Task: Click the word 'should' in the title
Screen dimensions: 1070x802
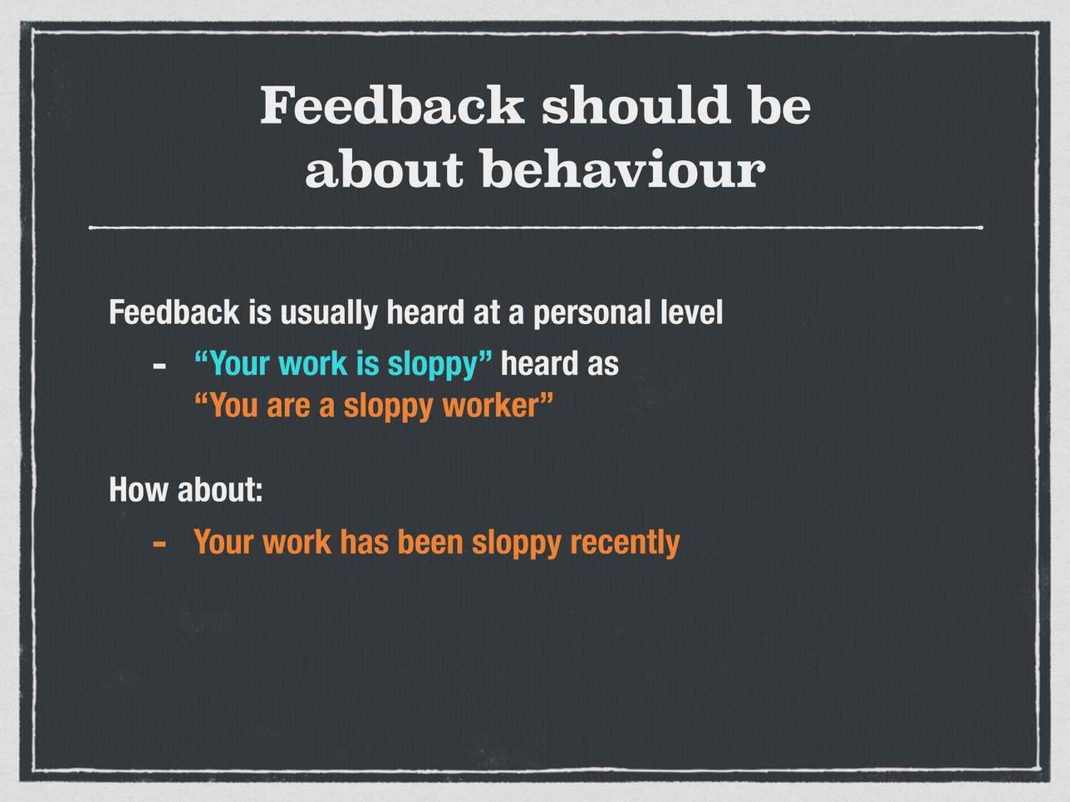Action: coord(636,105)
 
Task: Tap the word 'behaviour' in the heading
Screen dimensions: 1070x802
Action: coord(623,168)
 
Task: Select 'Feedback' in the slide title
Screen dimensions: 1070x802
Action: coord(392,105)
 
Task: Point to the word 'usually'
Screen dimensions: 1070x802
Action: coord(328,313)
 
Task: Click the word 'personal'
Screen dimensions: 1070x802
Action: coord(592,313)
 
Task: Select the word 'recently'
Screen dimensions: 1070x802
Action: coord(625,542)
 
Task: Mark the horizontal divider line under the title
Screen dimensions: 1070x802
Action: coord(536,227)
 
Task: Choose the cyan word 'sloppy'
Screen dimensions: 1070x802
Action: coord(432,365)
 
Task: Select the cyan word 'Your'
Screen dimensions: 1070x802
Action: coord(233,364)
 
